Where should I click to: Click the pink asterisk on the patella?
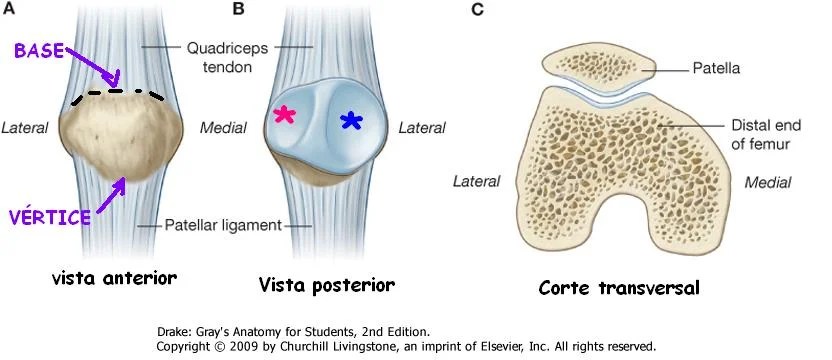click(x=285, y=115)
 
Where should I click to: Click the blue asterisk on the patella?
click(x=351, y=121)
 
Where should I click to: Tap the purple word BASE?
click(x=39, y=52)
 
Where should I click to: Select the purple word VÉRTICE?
click(x=50, y=217)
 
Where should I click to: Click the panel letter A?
click(x=9, y=9)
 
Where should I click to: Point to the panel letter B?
click(x=239, y=9)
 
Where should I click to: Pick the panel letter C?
click(x=478, y=9)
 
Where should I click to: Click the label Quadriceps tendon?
click(x=227, y=57)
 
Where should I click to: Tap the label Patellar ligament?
click(x=223, y=225)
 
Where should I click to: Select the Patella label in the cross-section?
click(x=716, y=68)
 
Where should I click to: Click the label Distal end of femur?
click(x=766, y=134)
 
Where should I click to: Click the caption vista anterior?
click(x=114, y=278)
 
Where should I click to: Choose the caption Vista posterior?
click(x=327, y=285)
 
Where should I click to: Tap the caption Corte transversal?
click(x=619, y=288)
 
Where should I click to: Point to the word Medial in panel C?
click(x=768, y=183)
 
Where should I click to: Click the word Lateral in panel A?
click(x=25, y=128)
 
